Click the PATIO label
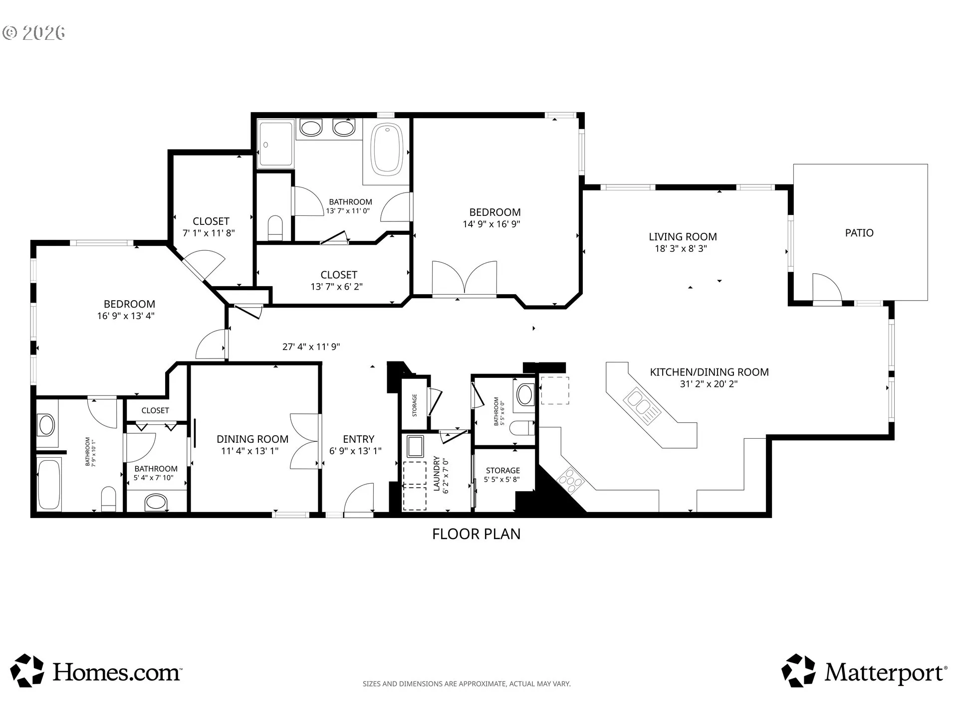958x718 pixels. [x=859, y=233]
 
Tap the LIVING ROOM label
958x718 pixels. [x=683, y=237]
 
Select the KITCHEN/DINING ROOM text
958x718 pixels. [x=709, y=372]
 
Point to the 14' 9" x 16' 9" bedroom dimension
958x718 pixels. [x=491, y=224]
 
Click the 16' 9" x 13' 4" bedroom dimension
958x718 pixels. [x=126, y=316]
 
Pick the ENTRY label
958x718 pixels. [x=358, y=439]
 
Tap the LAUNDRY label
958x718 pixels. [x=437, y=474]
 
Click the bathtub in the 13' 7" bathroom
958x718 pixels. [x=388, y=149]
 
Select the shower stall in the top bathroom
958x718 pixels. [x=275, y=143]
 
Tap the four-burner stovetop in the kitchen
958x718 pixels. [x=571, y=481]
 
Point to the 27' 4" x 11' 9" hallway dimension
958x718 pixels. [x=311, y=347]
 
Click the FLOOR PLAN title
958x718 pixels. [x=476, y=534]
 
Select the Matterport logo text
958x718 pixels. [x=886, y=673]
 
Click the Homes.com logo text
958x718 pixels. [x=117, y=672]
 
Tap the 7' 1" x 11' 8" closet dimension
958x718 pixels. [x=209, y=233]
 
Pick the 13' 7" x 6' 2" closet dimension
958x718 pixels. [x=336, y=287]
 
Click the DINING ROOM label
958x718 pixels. [x=252, y=439]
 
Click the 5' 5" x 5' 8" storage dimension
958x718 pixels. [x=501, y=480]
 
